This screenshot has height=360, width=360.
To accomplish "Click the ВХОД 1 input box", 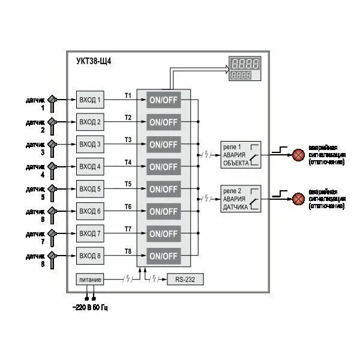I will [x=91, y=100].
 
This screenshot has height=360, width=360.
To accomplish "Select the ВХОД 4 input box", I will [x=91, y=166].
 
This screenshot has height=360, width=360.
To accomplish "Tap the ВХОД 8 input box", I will [x=91, y=256].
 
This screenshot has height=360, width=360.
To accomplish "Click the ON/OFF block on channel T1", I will [x=164, y=100].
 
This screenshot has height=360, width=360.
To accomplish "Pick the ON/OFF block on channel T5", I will [x=164, y=189].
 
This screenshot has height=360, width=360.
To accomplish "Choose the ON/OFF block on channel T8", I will [x=164, y=256].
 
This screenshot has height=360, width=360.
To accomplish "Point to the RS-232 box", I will [x=185, y=279].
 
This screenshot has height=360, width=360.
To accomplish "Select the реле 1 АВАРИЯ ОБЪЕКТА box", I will [x=240, y=154].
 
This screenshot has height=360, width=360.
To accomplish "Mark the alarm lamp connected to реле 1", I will [x=298, y=154].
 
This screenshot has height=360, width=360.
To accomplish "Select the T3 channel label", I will [x=128, y=140].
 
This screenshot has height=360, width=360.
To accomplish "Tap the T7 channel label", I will [x=128, y=229].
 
